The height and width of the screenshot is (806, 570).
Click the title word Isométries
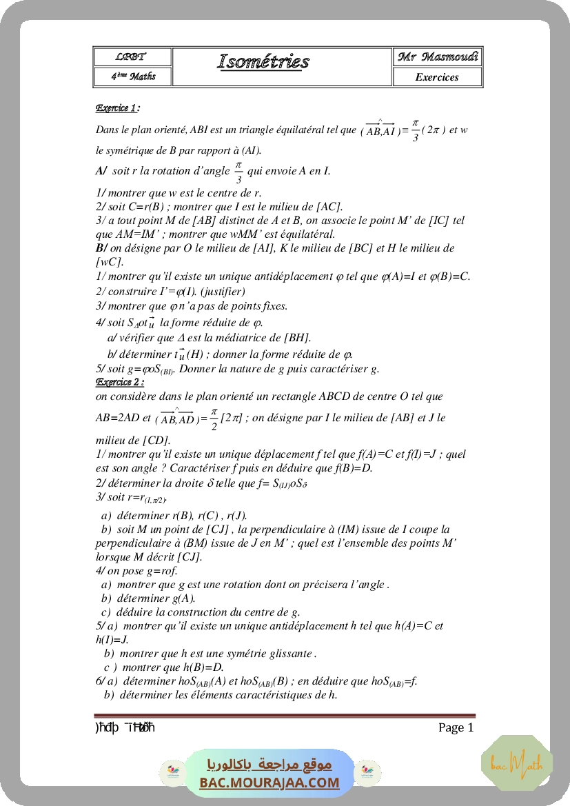(263, 62)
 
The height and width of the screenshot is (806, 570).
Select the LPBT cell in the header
(131, 57)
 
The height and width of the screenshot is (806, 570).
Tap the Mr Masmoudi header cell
(438, 57)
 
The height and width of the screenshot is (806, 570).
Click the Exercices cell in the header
(437, 77)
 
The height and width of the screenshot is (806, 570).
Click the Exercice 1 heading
(117, 108)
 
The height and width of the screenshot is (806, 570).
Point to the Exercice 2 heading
(119, 382)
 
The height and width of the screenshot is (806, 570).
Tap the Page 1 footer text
(456, 727)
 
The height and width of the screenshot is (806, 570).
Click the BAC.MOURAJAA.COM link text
(269, 783)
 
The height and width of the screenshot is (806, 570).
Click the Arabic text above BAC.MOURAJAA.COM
(269, 765)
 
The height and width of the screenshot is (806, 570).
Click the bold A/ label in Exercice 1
(101, 171)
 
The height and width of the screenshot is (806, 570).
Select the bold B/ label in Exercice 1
(101, 248)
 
